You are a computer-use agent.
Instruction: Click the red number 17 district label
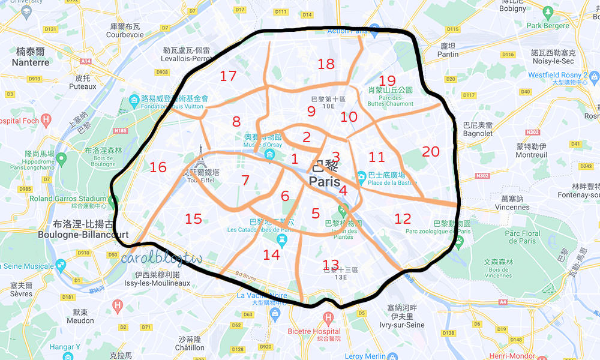coord(228,76)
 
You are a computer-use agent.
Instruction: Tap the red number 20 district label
coord(431,152)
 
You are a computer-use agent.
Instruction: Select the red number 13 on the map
coord(331,264)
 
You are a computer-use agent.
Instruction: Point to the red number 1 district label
coord(294,159)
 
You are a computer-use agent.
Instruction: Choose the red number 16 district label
coord(158,167)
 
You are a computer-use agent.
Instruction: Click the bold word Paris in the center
coord(325,181)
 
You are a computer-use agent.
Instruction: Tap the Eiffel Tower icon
coord(200,157)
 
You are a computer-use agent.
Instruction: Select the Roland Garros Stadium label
coord(68,199)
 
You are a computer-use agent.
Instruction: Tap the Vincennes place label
coord(512,207)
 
